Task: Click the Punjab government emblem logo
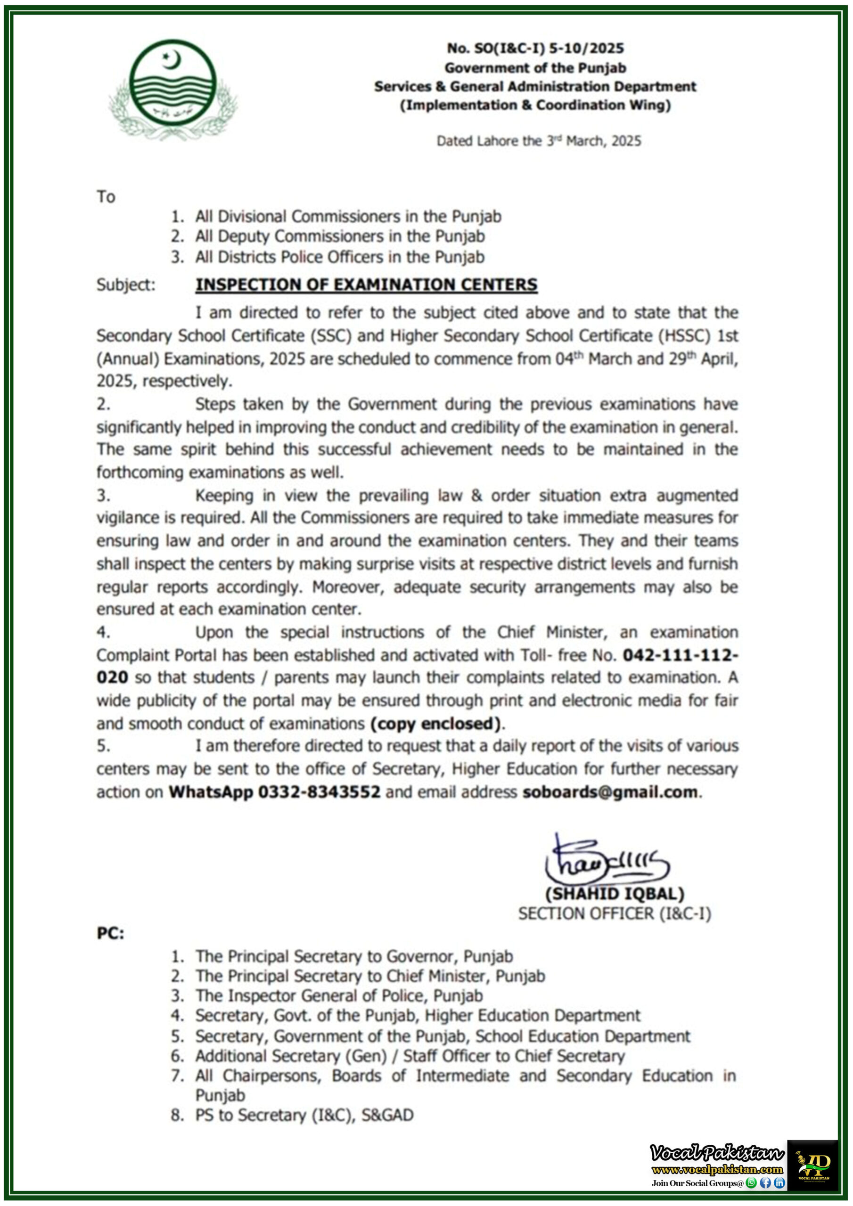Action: tap(172, 90)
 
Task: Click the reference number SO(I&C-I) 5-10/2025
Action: tap(535, 49)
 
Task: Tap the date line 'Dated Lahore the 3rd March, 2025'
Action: tap(539, 141)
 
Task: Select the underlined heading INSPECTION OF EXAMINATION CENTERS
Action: tap(366, 284)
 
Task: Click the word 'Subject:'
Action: tap(126, 285)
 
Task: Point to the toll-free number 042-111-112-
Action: tap(680, 655)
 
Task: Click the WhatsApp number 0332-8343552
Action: tap(319, 791)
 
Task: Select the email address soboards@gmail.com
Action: tap(610, 791)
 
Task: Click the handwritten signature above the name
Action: tap(605, 863)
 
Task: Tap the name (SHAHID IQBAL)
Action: tap(615, 894)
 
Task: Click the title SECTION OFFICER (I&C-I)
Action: tap(615, 913)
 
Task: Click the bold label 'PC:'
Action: tap(110, 933)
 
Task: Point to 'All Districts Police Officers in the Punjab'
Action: tap(339, 257)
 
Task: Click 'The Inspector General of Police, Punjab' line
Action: tap(339, 995)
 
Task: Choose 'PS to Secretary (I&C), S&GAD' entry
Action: tap(304, 1115)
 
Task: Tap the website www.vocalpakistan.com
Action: tap(717, 1169)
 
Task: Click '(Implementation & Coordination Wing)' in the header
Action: tap(535, 105)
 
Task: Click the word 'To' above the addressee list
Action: tap(106, 197)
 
